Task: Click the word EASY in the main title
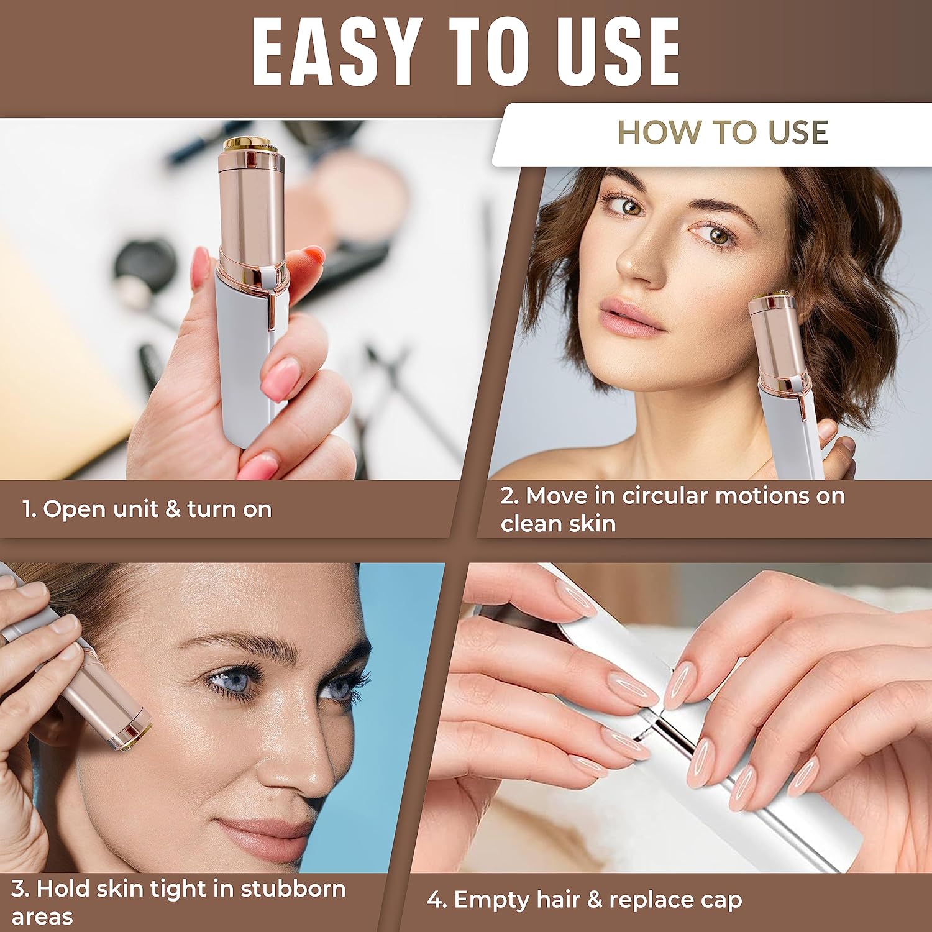[335, 52]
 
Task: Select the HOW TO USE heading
[723, 132]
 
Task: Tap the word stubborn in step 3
[293, 889]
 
